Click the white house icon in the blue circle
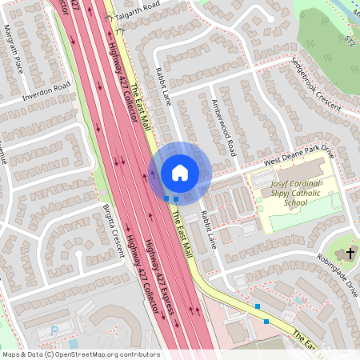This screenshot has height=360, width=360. pos(180,172)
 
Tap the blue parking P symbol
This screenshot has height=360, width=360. pos(54,330)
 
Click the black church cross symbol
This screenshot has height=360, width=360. pos(350,254)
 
